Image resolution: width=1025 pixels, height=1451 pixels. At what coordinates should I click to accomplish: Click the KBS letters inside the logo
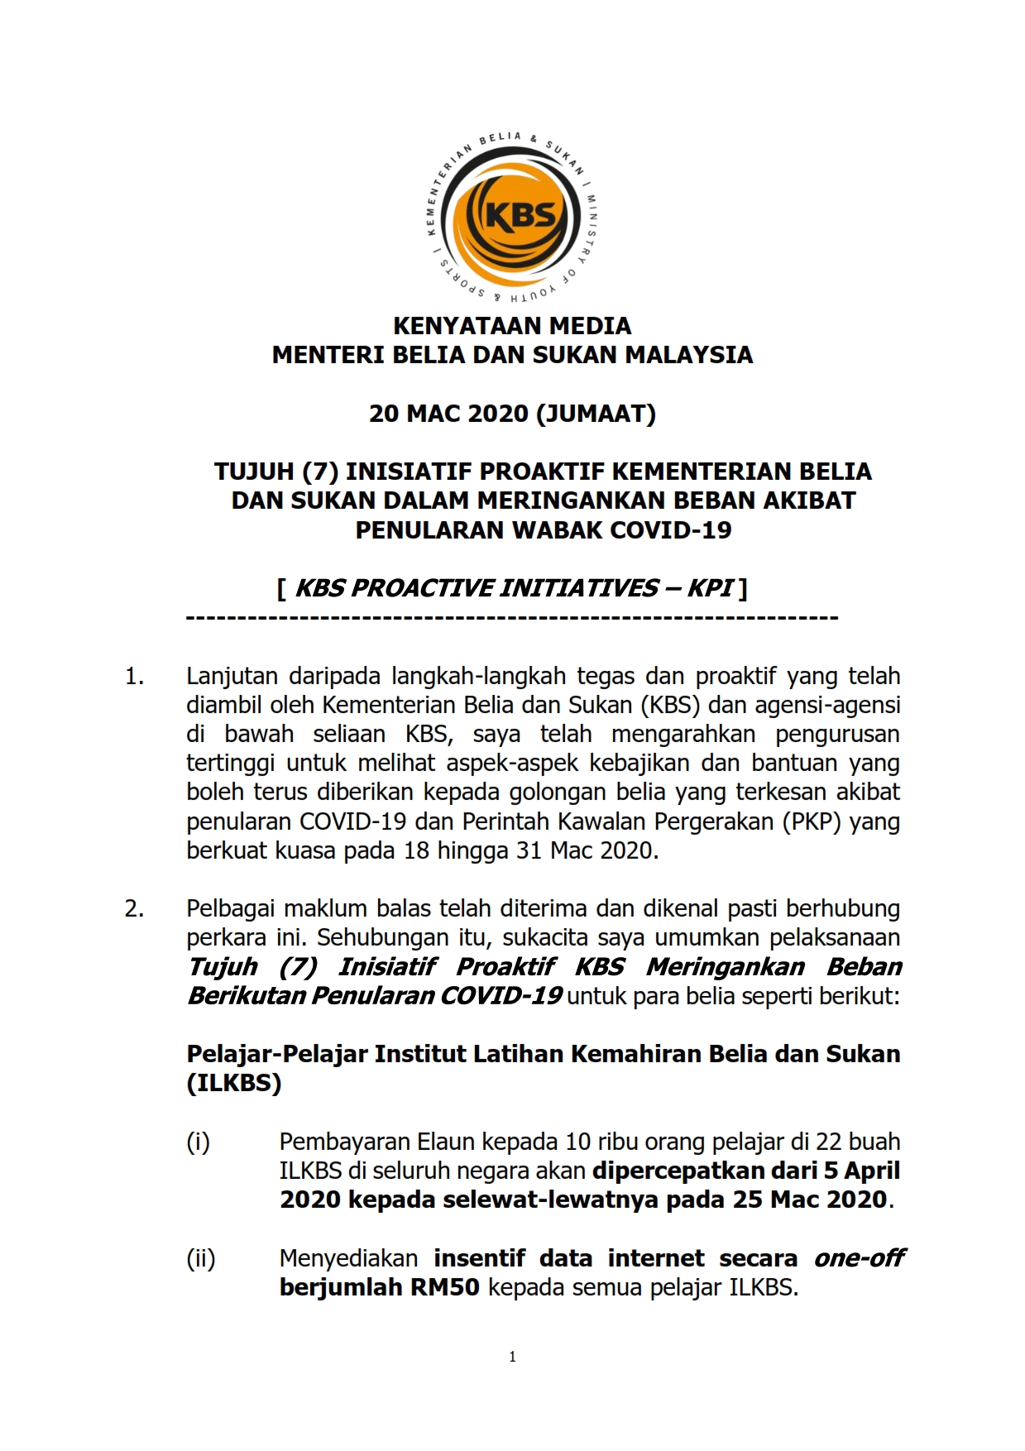click(520, 215)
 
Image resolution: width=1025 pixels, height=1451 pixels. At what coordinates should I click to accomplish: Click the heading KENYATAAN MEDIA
click(512, 325)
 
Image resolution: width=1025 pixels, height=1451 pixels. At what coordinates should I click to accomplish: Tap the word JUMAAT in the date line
click(596, 413)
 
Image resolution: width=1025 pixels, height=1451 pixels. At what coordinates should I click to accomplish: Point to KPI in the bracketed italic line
click(710, 588)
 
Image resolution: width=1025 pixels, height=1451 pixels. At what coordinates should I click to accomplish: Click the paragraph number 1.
click(134, 677)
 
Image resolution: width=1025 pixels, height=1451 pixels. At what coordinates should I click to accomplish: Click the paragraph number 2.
click(134, 908)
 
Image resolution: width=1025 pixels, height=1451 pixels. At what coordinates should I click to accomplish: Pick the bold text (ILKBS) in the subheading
click(234, 1083)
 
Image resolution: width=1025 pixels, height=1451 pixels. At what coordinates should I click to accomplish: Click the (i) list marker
click(198, 1142)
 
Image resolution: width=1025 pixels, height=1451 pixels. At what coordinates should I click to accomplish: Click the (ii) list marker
click(200, 1258)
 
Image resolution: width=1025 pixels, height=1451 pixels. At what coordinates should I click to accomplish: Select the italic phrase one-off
click(859, 1258)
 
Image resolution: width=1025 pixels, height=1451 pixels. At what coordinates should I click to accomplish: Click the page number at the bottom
click(513, 1357)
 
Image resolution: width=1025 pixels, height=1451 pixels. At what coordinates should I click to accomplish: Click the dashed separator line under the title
click(512, 618)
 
